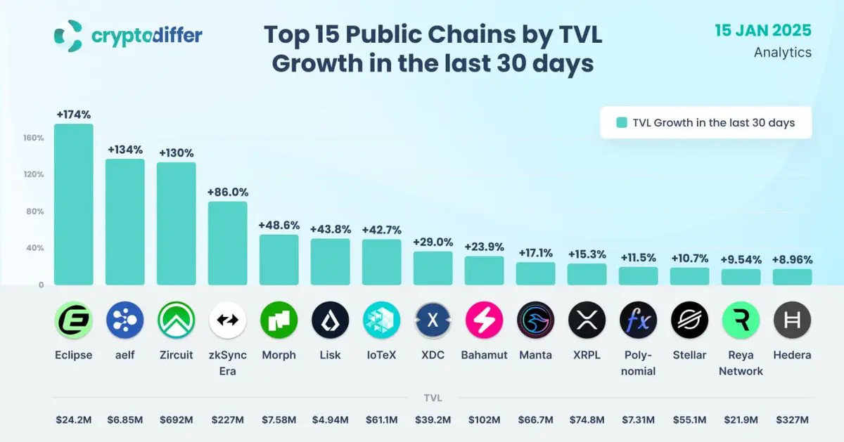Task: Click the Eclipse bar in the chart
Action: pyautogui.click(x=74, y=204)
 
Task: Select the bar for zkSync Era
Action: pyautogui.click(x=227, y=243)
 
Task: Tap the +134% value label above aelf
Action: pyautogui.click(x=125, y=150)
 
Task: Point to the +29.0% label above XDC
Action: pyautogui.click(x=433, y=242)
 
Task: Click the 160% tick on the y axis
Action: pyautogui.click(x=34, y=138)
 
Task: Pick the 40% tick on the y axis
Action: pyautogui.click(x=35, y=248)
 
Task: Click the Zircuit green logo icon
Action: pyautogui.click(x=176, y=320)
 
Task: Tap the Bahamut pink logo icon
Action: pyautogui.click(x=484, y=320)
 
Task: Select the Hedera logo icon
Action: pyautogui.click(x=792, y=320)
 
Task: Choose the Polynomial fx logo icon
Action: pyautogui.click(x=638, y=320)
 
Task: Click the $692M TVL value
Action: pyautogui.click(x=176, y=420)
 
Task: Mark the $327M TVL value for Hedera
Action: pyautogui.click(x=792, y=420)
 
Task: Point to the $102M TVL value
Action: pyautogui.click(x=484, y=420)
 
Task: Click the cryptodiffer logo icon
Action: pyautogui.click(x=69, y=36)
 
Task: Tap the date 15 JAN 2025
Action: pyautogui.click(x=763, y=31)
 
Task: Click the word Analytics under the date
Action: pyautogui.click(x=782, y=53)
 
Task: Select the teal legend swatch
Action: pyautogui.click(x=622, y=123)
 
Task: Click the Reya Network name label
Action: pyautogui.click(x=741, y=363)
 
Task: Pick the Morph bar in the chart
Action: pyautogui.click(x=279, y=259)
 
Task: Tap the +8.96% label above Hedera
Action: pyautogui.click(x=792, y=259)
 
